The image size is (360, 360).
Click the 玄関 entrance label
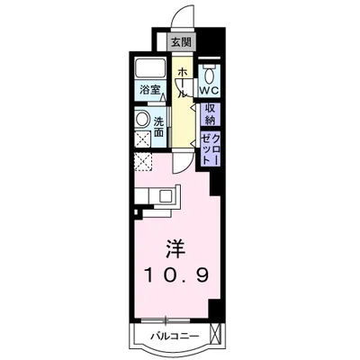tap(180, 42)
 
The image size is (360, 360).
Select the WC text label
tap(210, 91)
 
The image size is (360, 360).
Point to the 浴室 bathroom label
tap(149, 89)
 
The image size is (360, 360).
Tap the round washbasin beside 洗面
tap(142, 120)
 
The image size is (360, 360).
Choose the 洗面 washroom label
tap(158, 126)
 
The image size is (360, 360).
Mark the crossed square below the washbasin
tap(142, 139)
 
